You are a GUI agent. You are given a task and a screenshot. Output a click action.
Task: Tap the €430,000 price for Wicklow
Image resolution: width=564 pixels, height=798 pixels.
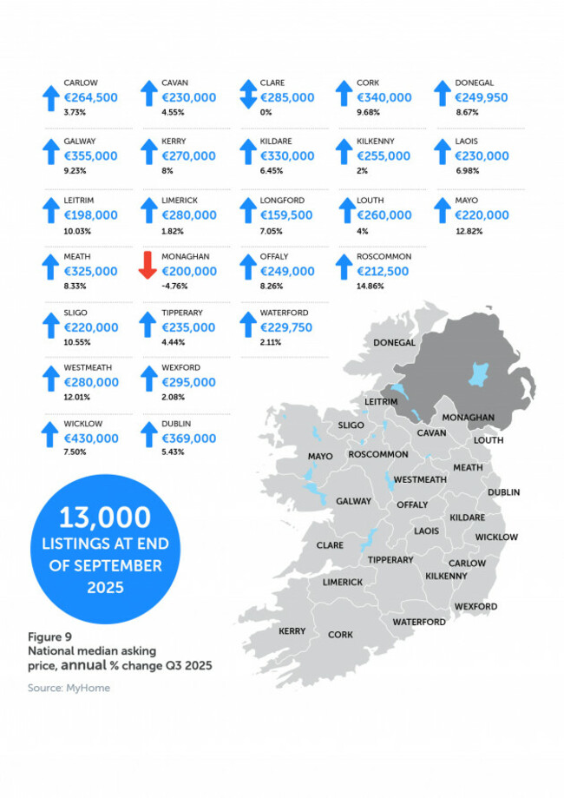pyautogui.click(x=91, y=439)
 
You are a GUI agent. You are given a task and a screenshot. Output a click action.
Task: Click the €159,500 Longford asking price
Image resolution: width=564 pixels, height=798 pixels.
pyautogui.click(x=286, y=214)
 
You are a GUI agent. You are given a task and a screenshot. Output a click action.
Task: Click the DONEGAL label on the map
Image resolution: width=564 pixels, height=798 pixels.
pyautogui.click(x=395, y=343)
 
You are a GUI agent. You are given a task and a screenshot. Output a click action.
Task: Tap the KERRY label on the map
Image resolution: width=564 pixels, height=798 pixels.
pyautogui.click(x=292, y=631)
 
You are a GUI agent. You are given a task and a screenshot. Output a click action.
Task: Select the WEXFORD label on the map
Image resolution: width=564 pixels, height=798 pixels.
pyautogui.click(x=475, y=606)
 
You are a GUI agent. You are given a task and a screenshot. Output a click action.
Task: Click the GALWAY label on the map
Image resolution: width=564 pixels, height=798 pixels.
pyautogui.click(x=354, y=501)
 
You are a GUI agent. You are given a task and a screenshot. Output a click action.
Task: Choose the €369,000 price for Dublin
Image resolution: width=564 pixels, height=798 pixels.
pyautogui.click(x=188, y=439)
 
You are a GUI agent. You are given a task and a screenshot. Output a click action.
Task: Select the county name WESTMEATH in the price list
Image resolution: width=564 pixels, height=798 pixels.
pyautogui.click(x=89, y=367)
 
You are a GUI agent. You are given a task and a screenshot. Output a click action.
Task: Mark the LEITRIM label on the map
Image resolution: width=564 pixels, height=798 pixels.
pyautogui.click(x=382, y=402)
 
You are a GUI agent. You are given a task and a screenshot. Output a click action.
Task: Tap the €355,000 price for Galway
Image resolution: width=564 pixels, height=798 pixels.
pyautogui.click(x=91, y=155)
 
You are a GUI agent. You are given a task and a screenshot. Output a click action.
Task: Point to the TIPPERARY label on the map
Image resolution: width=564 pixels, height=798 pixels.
pyautogui.click(x=390, y=560)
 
